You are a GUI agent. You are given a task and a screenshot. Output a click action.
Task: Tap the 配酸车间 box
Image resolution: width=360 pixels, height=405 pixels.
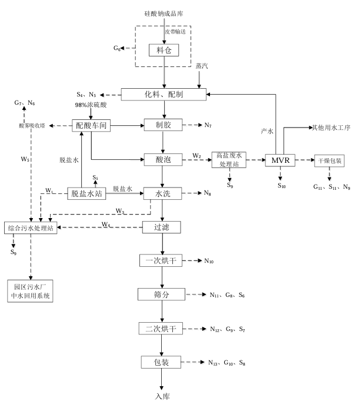coord(91,125)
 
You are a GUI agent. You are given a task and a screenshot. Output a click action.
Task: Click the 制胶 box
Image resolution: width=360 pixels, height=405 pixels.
coord(161,125)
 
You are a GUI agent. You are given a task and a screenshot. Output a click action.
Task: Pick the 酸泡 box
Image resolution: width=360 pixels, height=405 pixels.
coord(161,158)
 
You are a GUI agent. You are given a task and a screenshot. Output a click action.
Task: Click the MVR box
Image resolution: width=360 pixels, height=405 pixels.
coord(281,159)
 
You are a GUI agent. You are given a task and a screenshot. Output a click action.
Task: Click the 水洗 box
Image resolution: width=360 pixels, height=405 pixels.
coord(161,193)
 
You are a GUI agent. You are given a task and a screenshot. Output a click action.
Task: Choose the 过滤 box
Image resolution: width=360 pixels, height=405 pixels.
coord(161,227)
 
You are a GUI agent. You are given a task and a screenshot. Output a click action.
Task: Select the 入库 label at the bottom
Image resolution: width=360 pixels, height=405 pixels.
coord(162,397)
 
